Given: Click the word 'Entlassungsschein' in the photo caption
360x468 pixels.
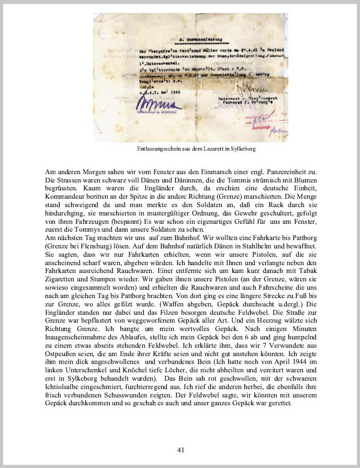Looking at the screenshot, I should pos(156,149).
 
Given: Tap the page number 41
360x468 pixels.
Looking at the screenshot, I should pos(180,449).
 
